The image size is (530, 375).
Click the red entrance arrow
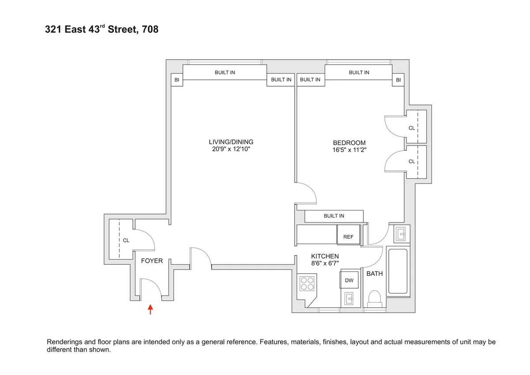[151, 309]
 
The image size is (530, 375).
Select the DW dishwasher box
[348, 280]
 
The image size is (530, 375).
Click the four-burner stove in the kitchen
[307, 283]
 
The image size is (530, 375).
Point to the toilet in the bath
[375, 298]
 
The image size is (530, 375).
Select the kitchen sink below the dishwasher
[348, 300]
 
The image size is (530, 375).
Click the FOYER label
[151, 261]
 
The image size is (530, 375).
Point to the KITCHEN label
[325, 256]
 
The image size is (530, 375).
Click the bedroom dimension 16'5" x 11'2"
[349, 150]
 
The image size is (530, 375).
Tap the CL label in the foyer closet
[126, 241]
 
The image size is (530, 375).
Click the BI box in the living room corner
[177, 80]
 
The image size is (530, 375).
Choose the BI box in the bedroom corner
[398, 80]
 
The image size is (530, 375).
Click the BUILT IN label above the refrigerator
[333, 216]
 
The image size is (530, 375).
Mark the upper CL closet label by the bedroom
[412, 128]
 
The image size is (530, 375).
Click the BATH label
[375, 274]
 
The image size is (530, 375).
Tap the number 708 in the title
[150, 31]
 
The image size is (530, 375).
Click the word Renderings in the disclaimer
[65, 342]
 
